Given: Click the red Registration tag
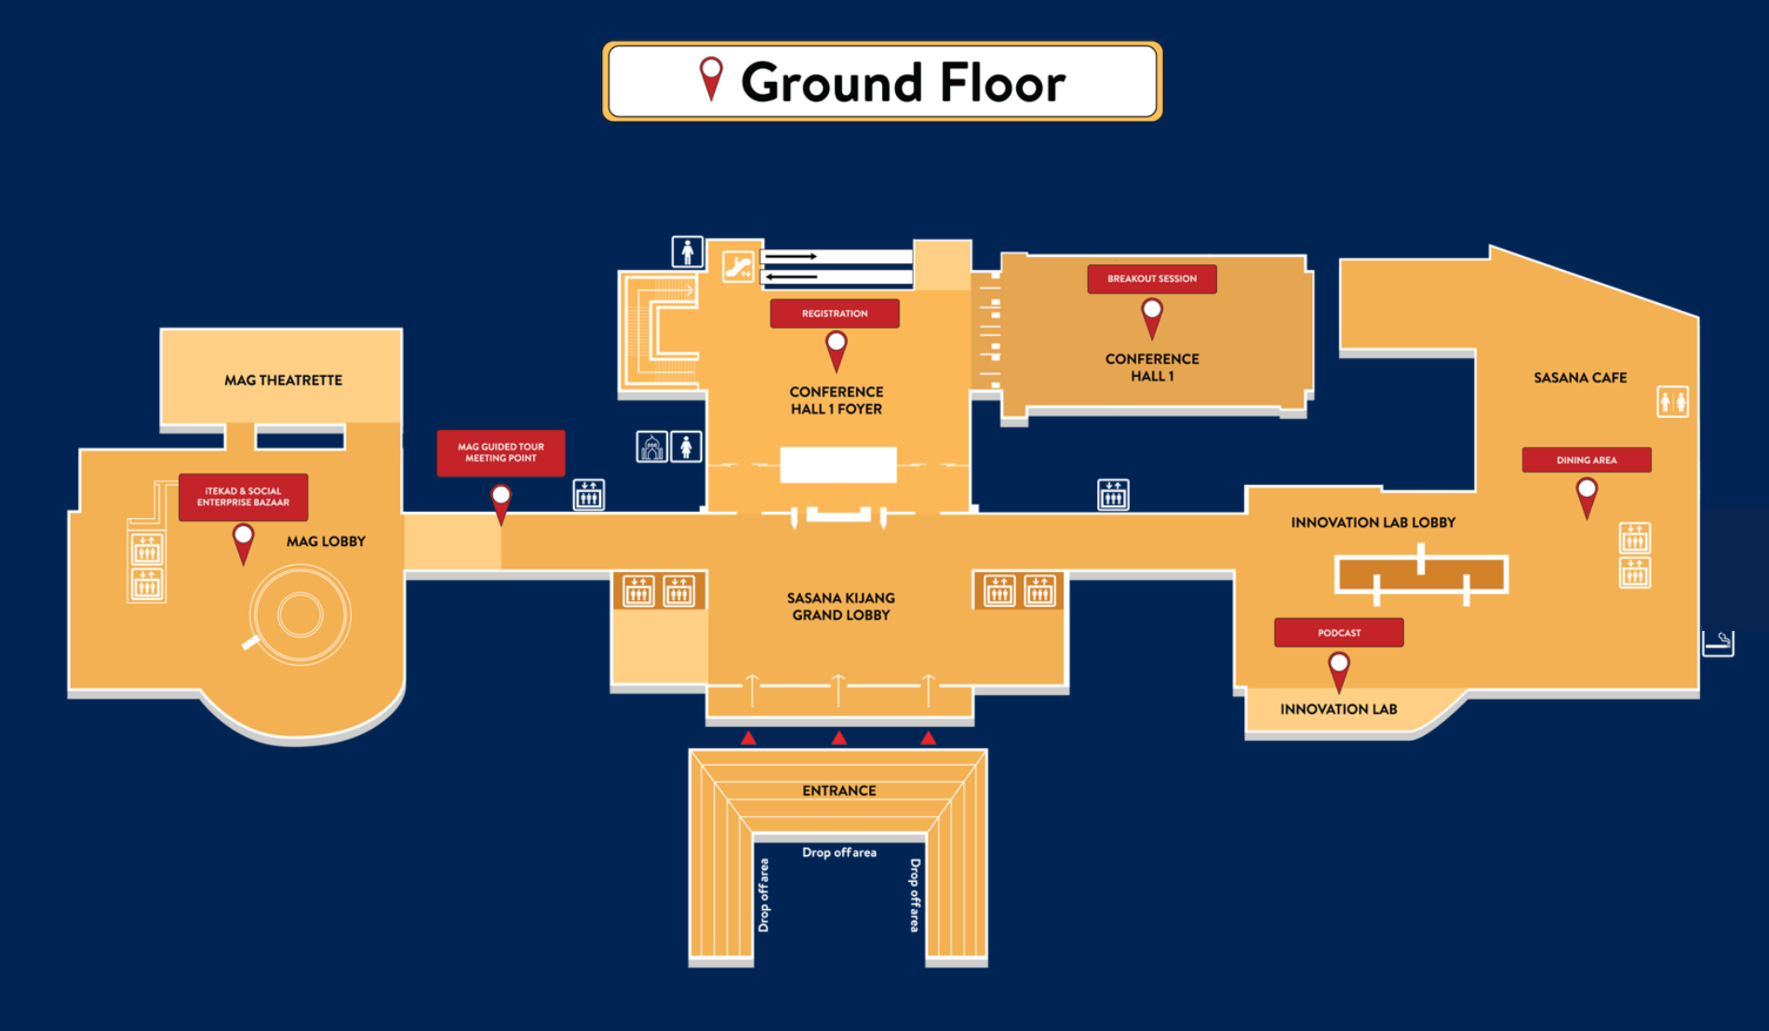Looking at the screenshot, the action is tap(835, 314).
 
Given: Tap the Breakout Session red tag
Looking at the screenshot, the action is tap(1152, 279).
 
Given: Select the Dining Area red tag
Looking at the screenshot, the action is tap(1587, 460).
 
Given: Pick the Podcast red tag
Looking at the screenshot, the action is tap(1339, 633).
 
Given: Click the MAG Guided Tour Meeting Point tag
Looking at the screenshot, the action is tap(501, 453).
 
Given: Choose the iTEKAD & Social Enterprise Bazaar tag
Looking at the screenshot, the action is tap(243, 497).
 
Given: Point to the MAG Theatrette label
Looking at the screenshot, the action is tap(283, 381).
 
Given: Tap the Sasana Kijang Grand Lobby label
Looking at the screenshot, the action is tap(841, 607).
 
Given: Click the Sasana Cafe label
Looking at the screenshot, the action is tap(1580, 378).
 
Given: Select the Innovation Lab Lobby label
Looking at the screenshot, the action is tap(1374, 523).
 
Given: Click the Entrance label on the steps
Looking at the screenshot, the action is tap(839, 791).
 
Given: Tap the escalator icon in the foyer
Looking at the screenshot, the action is tap(739, 267).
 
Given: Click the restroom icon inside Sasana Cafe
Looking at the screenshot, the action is tap(1673, 402).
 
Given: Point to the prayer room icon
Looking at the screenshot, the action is tap(651, 448).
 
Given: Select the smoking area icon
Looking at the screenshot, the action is tap(1718, 643).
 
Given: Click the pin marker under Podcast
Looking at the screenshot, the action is tap(1339, 669).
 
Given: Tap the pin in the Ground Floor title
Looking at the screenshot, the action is tap(711, 77).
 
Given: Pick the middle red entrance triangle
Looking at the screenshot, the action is tap(839, 738).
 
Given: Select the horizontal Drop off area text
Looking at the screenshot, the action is tap(839, 852).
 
